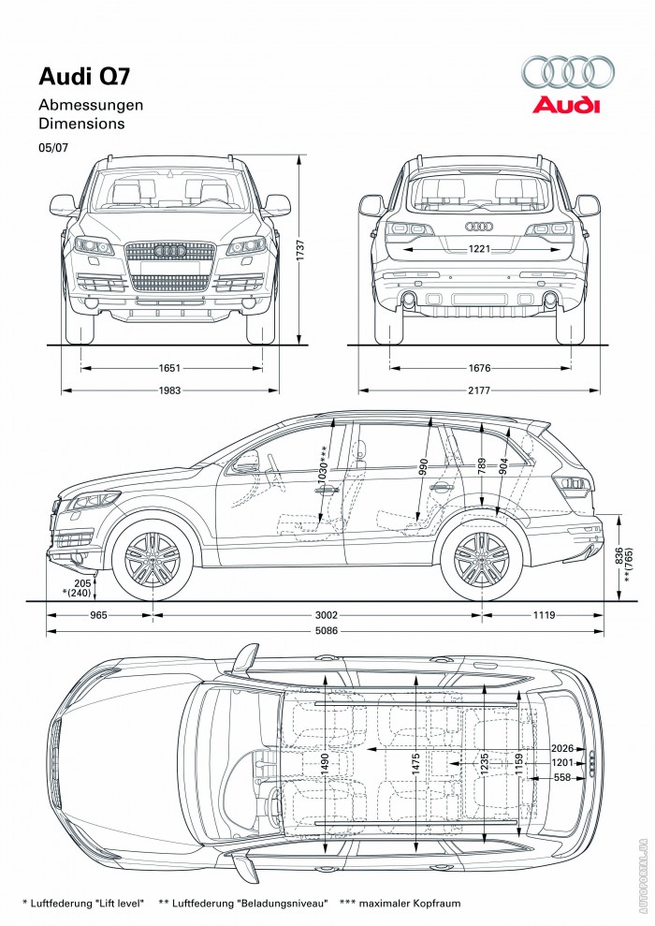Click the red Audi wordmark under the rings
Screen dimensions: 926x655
click(566, 105)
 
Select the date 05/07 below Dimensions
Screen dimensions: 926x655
click(52, 147)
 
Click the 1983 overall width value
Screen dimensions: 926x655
click(170, 390)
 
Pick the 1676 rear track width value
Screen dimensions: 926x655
click(480, 369)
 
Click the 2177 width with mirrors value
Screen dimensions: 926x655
click(480, 390)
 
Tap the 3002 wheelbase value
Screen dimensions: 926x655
click(326, 615)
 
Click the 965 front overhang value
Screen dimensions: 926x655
click(99, 615)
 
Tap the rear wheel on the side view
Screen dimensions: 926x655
click(482, 562)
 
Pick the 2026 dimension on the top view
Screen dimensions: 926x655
click(561, 750)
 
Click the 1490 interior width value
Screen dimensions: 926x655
click(325, 763)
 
